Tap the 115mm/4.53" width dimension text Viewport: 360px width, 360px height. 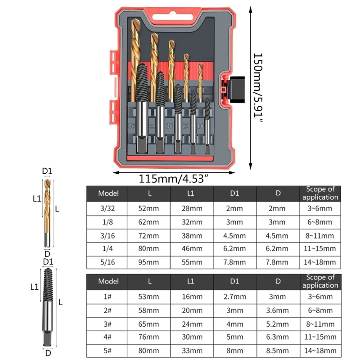pos(174,178)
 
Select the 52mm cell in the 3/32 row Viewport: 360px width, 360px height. pos(148,208)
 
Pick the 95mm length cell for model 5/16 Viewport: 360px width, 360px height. pos(148,262)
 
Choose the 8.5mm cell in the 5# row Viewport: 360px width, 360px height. pos(278,350)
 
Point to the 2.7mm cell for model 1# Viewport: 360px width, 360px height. pos(234,297)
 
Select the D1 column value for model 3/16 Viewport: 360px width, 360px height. pos(234,235)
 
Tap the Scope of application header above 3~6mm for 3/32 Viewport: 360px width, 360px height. pos(320,193)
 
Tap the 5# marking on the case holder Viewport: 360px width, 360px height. pos(131,126)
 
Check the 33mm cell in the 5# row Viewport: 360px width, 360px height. pos(192,350)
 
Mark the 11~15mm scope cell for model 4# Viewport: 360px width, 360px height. pos(320,337)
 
